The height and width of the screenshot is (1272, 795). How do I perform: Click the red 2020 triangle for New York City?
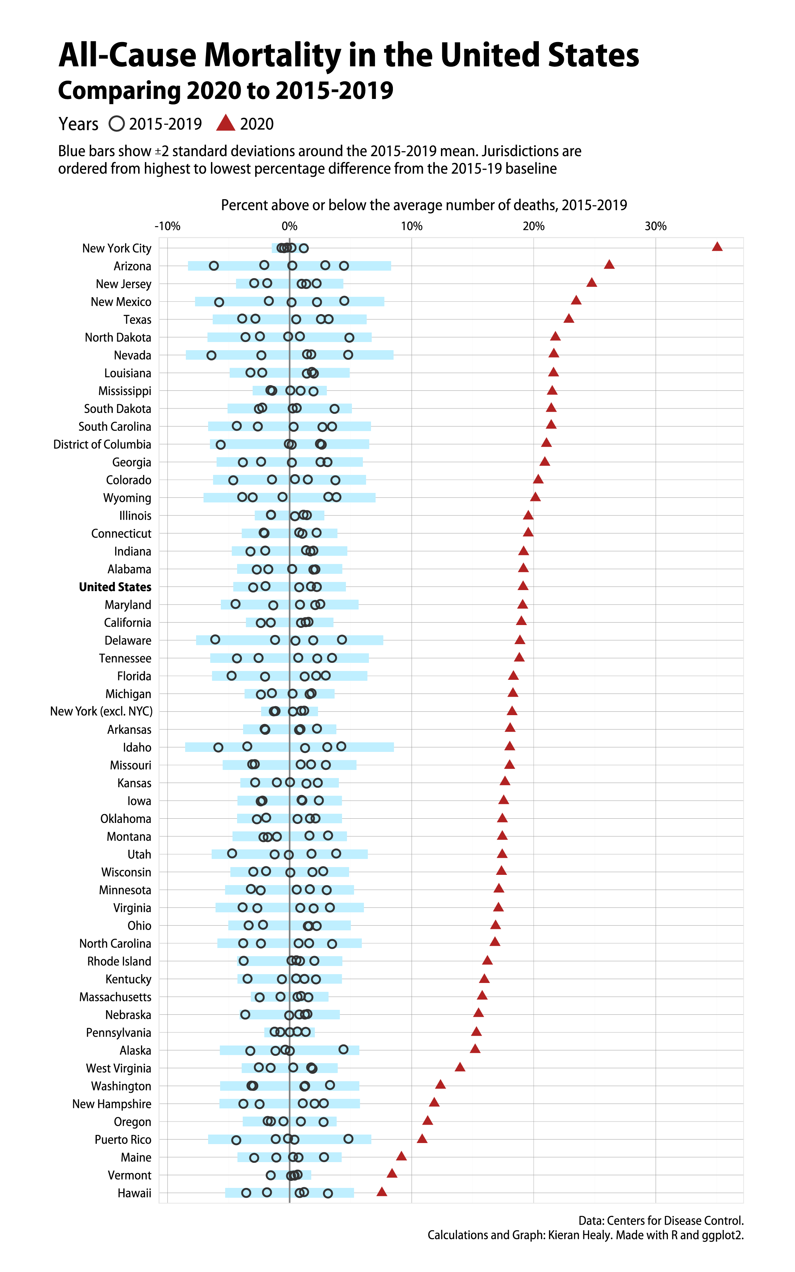(717, 247)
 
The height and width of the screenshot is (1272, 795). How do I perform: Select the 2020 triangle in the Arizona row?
(609, 264)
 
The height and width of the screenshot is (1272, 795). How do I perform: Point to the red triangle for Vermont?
(392, 1174)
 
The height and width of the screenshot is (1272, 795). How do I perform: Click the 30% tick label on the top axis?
(656, 226)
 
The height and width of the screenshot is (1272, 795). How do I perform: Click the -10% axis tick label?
(167, 226)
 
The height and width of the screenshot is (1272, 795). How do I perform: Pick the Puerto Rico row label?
(123, 1139)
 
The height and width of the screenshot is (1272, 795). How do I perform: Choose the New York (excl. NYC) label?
(101, 712)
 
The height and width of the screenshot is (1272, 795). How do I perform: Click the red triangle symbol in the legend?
(225, 124)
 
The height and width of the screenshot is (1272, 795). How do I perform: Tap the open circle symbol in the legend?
(117, 124)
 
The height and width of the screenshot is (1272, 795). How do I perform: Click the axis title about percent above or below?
(424, 205)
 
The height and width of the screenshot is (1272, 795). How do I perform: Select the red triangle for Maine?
(401, 1156)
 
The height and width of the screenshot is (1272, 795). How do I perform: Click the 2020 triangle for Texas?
(569, 318)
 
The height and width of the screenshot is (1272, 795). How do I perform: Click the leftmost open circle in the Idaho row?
(218, 747)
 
